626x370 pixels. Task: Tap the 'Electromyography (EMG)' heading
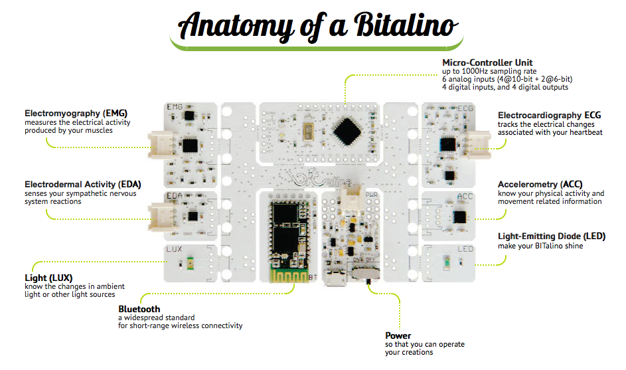pos(76,114)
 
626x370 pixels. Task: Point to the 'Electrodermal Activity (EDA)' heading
pos(83,184)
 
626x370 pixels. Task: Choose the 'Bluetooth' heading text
pos(139,309)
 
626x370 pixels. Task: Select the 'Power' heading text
pos(398,335)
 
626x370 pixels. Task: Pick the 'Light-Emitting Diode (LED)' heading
pos(552,236)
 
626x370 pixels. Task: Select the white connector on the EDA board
pos(161,217)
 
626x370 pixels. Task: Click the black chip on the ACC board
pos(459,217)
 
